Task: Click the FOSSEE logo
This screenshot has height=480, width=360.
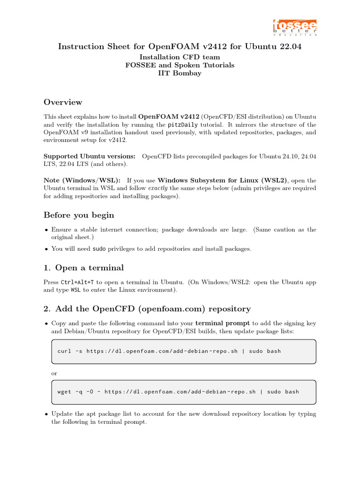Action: (295, 27)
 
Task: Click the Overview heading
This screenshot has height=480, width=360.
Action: (63, 102)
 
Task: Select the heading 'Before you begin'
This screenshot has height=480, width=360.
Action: (79, 215)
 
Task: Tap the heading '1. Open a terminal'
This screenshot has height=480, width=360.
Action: (83, 268)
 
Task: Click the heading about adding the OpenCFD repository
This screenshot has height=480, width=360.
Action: (147, 308)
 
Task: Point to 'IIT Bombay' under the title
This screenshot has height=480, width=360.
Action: (180, 73)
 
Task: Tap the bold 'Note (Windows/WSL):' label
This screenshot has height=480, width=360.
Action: (82, 180)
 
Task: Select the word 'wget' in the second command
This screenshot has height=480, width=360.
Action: (64, 392)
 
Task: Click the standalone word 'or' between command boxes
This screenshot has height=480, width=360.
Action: (54, 374)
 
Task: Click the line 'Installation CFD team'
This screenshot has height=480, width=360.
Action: (180, 57)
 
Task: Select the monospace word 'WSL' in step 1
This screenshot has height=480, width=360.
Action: (75, 290)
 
